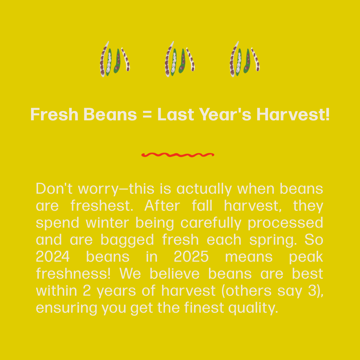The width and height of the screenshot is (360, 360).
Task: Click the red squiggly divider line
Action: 177,155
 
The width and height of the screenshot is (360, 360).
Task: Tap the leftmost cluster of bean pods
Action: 115,59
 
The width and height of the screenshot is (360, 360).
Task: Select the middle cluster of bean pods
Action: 180,59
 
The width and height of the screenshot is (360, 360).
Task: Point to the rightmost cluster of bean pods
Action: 245,59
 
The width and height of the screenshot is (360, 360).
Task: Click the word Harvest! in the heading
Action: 293,115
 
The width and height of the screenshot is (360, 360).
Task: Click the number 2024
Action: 53,257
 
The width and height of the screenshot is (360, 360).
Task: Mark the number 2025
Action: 191,257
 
